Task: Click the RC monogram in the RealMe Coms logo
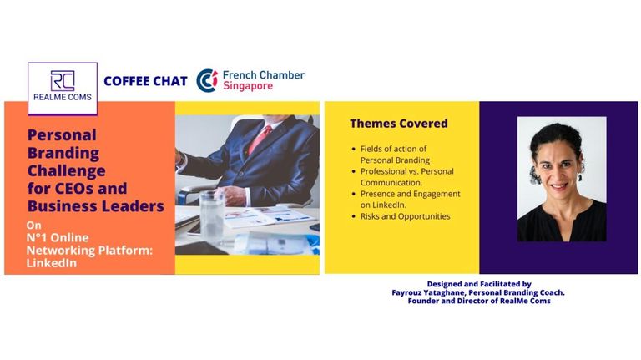[63, 80]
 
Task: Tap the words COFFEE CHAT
[145, 81]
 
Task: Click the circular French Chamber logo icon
[207, 80]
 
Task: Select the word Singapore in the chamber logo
[248, 86]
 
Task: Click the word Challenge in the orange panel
[66, 170]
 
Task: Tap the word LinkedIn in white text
[52, 262]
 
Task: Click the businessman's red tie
[260, 139]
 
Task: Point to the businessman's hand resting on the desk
[232, 196]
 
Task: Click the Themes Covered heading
[399, 123]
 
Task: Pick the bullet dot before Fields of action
[354, 149]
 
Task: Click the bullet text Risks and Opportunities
[405, 216]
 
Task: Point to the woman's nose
[558, 175]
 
